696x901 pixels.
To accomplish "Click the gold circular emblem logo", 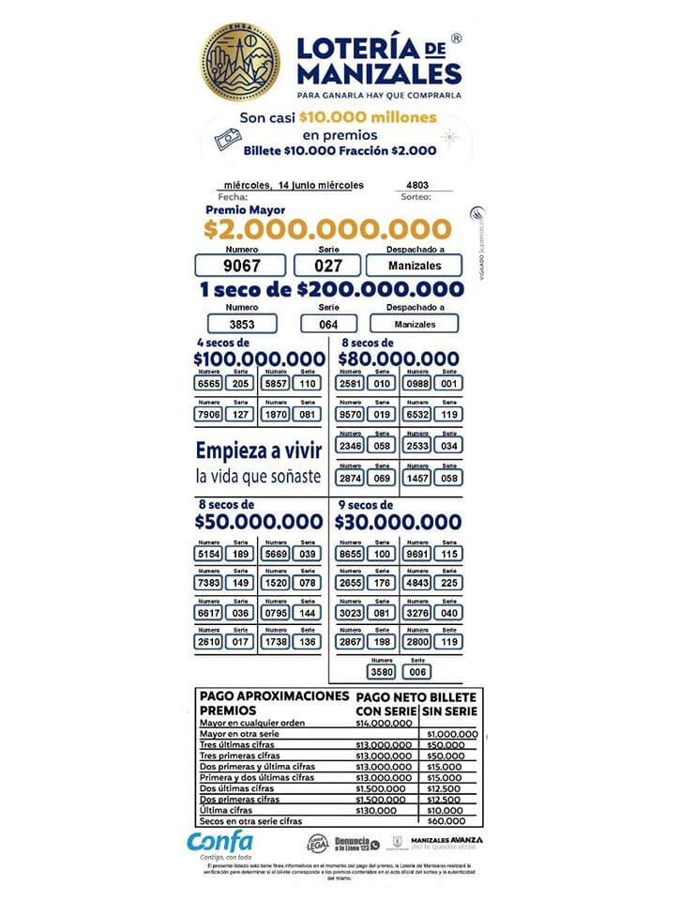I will click(x=239, y=62).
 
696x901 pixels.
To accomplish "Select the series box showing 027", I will click(x=327, y=266).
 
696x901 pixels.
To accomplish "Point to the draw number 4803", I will click(x=419, y=185).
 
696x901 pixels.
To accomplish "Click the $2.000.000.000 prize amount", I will click(x=327, y=228).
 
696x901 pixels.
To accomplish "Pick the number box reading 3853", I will click(x=241, y=324).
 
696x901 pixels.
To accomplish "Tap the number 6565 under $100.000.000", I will click(x=208, y=383).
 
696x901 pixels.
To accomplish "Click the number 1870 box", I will click(x=276, y=414).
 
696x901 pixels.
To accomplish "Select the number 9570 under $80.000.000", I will click(x=351, y=414).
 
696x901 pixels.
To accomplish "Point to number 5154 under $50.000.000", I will click(x=208, y=554).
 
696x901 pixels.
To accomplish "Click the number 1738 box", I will click(x=276, y=642).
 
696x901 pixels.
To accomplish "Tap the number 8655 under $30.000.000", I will click(x=351, y=554).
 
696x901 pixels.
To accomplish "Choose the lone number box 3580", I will click(x=382, y=671).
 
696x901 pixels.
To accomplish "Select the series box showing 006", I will click(x=416, y=671).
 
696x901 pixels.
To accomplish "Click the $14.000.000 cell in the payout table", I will click(x=384, y=724).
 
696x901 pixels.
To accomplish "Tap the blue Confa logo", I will click(x=219, y=842).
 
